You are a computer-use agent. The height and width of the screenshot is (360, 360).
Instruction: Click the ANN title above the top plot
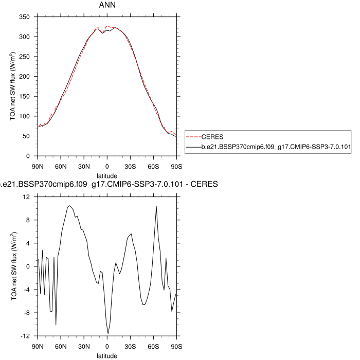[107, 5]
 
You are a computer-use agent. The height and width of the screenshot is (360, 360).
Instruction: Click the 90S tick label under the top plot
[177, 166]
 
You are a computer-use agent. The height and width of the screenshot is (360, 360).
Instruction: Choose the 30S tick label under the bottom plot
[130, 346]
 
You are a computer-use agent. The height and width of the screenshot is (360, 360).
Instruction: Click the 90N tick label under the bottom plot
[38, 346]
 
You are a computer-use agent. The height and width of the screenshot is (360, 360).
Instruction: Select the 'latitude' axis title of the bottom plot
[107, 355]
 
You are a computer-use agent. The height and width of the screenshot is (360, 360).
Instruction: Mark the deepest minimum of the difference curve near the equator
[108, 333]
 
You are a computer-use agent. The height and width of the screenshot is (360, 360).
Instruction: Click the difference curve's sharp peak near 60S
[156, 206]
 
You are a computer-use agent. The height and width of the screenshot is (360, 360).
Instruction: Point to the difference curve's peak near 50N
[69, 206]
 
